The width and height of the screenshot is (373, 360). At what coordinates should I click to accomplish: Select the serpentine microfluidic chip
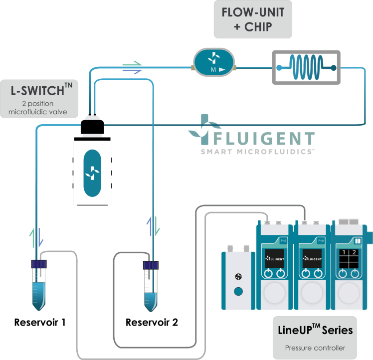(x=305, y=67)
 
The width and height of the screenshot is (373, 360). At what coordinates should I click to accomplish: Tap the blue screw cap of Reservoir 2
(x=150, y=265)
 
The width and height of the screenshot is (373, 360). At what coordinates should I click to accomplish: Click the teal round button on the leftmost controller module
(x=238, y=291)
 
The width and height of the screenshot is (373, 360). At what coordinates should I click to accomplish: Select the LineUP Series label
(x=315, y=330)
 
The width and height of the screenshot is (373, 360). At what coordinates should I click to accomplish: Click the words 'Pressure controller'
(x=315, y=348)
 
